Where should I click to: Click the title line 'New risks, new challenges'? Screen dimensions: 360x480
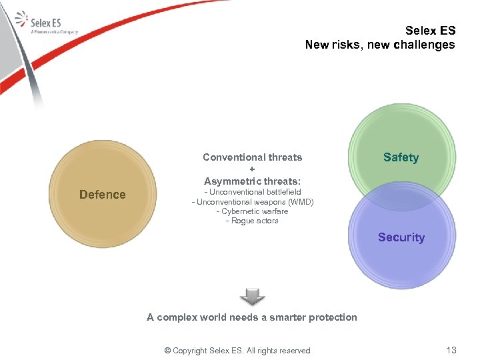tap(380, 45)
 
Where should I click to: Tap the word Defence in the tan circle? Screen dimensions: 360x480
tap(102, 195)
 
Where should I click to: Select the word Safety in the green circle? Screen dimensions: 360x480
tap(401, 158)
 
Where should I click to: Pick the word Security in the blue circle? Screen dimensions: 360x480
tap(401, 237)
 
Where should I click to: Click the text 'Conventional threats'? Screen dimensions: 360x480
tap(252, 158)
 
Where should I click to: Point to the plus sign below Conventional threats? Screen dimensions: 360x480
tap(252, 169)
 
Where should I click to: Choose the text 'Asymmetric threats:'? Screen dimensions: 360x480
tap(252, 181)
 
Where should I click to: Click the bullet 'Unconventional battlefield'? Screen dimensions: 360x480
tap(252, 192)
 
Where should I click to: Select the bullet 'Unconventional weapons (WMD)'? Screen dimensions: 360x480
tap(252, 202)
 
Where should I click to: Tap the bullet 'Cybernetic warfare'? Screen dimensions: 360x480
tap(252, 211)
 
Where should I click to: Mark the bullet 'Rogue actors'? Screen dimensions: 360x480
tap(252, 221)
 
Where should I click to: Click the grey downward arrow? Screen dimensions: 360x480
tap(252, 297)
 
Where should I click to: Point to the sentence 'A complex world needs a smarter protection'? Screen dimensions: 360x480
tap(252, 317)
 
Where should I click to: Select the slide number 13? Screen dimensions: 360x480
tap(451, 350)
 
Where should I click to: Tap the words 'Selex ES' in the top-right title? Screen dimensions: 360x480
tap(430, 31)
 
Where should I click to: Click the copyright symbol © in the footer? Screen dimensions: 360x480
tap(167, 351)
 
